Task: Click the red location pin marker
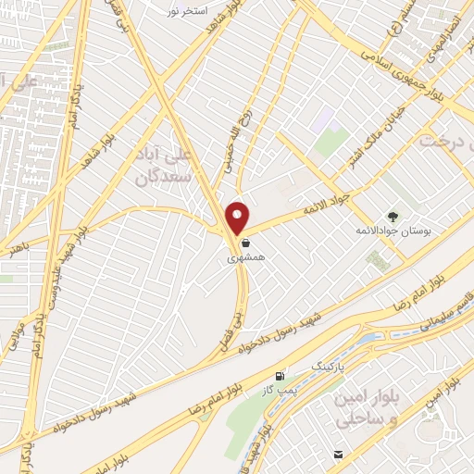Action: click(x=238, y=218)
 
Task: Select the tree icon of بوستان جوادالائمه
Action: click(x=392, y=215)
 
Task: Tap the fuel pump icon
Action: click(x=279, y=375)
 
